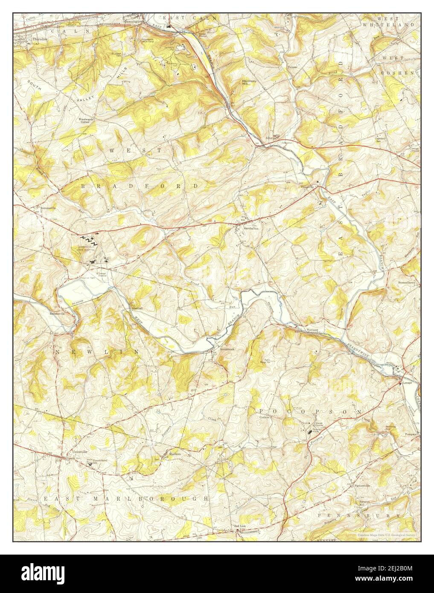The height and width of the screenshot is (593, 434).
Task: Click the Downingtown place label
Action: click(134, 20)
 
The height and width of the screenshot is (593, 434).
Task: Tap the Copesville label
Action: click(307, 186)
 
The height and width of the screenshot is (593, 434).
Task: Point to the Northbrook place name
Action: click(227, 349)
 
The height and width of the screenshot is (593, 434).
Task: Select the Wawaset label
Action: click(312, 330)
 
